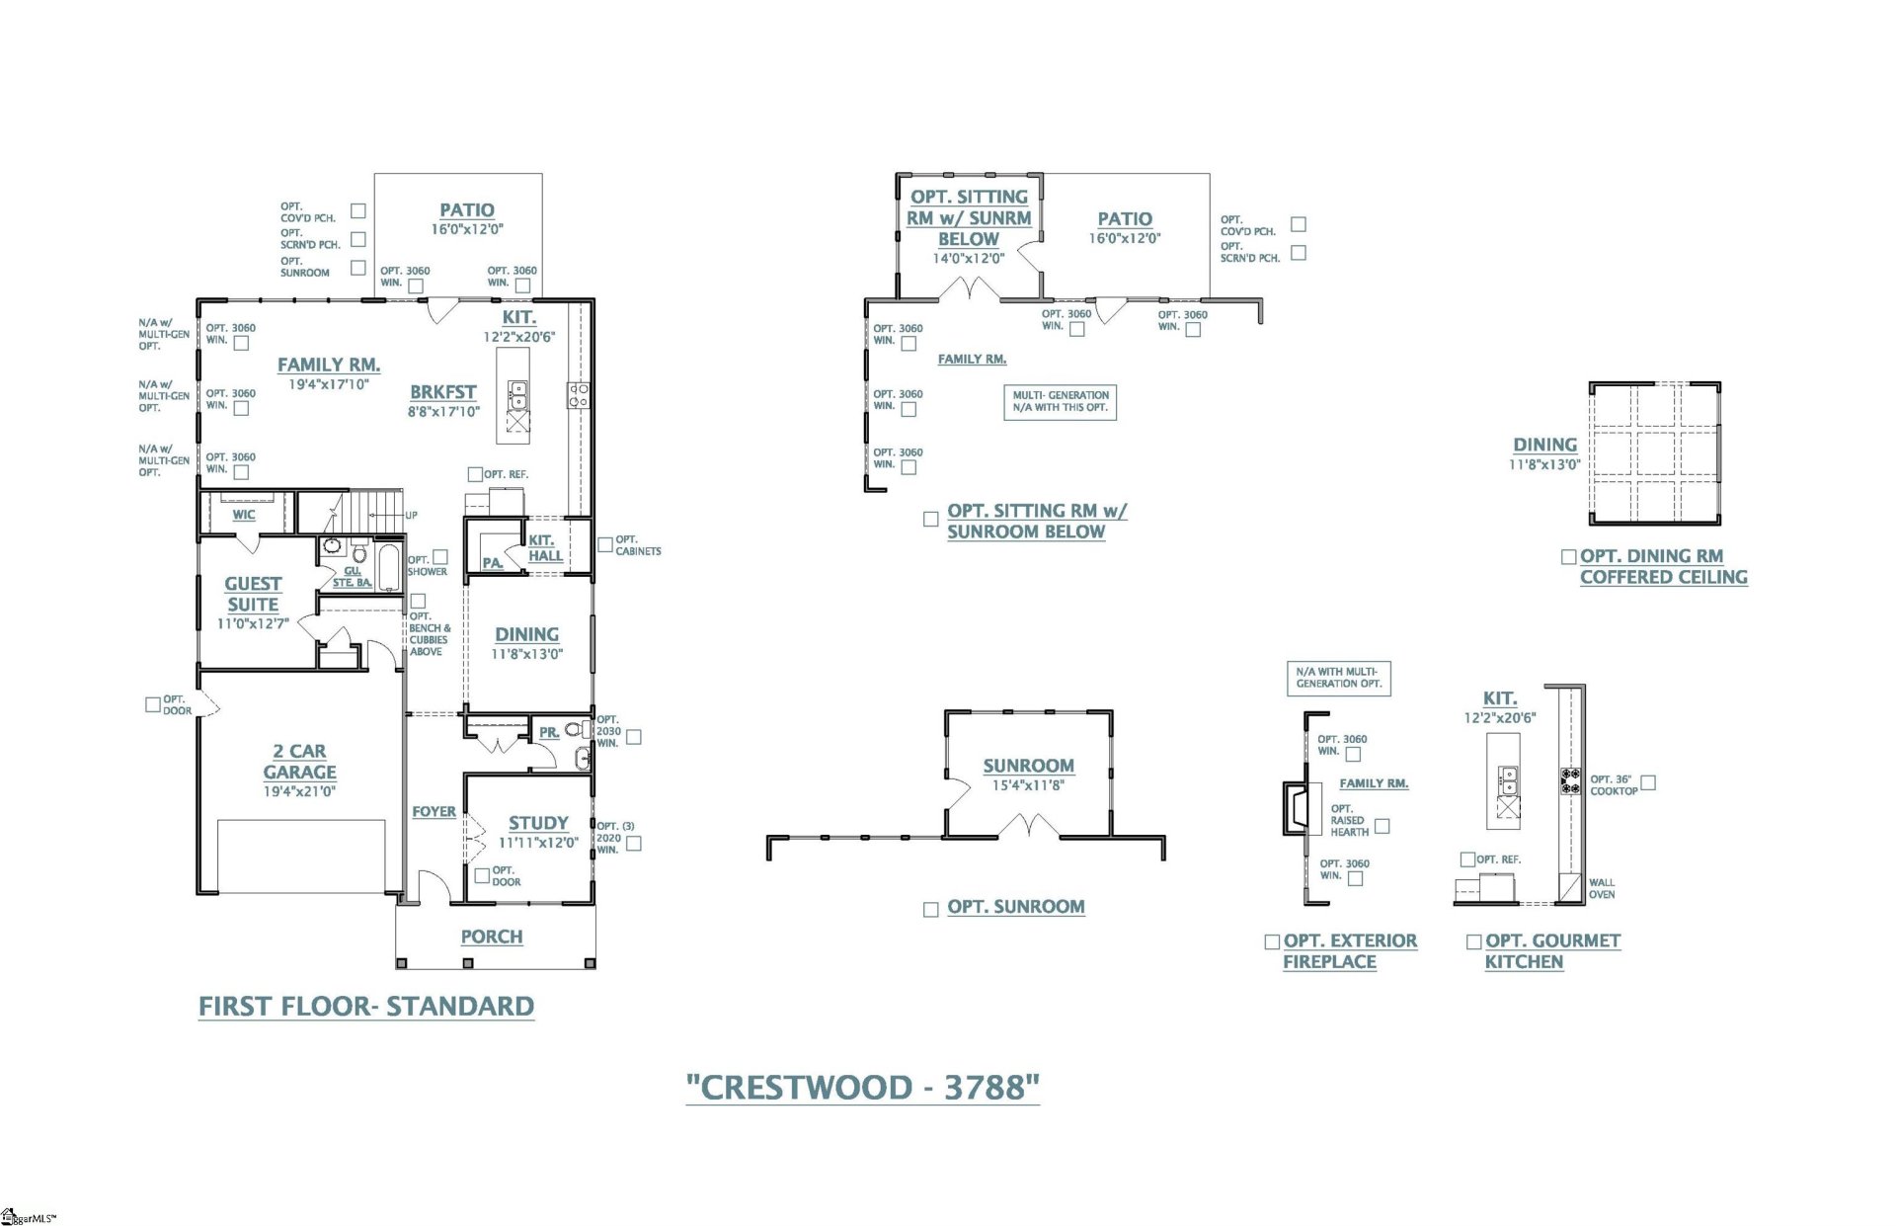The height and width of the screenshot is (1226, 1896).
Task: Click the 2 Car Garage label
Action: click(x=299, y=762)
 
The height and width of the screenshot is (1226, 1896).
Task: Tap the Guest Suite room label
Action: click(x=253, y=594)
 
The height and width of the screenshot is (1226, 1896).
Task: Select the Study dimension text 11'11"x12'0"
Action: click(x=538, y=843)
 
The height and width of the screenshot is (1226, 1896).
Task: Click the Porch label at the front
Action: click(x=492, y=937)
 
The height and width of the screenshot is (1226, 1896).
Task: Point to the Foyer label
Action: click(x=434, y=812)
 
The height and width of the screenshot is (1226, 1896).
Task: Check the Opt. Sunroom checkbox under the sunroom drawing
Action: click(x=930, y=909)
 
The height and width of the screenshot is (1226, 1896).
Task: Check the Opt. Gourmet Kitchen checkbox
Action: click(x=1473, y=942)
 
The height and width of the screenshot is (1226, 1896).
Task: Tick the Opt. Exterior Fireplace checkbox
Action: click(x=1272, y=942)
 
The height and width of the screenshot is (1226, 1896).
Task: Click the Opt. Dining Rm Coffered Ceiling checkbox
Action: click(x=1568, y=557)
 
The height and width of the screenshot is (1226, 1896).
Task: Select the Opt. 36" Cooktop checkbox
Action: click(x=1647, y=782)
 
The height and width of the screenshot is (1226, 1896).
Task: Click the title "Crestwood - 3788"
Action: click(x=862, y=1088)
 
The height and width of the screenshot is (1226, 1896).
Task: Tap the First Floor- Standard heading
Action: click(x=366, y=1007)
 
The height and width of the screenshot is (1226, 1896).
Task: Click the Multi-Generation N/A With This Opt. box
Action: click(x=1060, y=401)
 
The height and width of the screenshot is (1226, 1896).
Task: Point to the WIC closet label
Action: click(x=244, y=515)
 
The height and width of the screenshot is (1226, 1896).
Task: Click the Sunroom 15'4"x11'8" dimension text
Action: click(x=1028, y=785)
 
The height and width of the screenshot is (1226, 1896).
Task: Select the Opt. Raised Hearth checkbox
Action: click(x=1382, y=826)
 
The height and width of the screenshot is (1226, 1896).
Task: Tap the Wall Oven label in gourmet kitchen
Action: click(x=1601, y=888)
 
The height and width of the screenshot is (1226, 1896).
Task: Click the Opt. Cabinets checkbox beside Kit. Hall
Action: click(x=605, y=545)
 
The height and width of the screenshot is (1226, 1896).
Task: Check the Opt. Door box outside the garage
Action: click(x=152, y=704)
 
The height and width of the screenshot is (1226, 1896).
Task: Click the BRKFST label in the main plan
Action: click(x=443, y=392)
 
